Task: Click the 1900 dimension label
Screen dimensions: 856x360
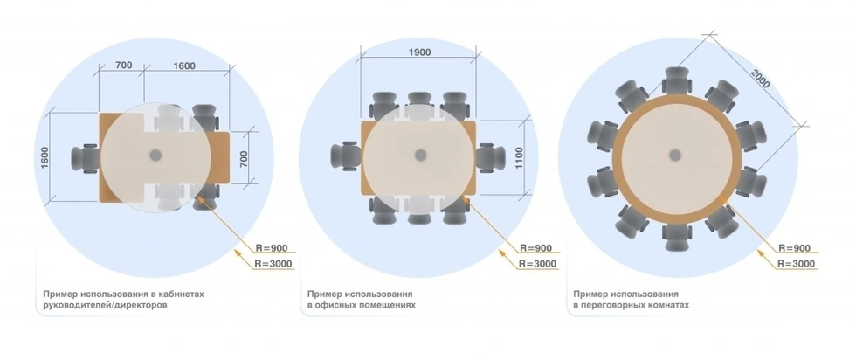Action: [x=419, y=52]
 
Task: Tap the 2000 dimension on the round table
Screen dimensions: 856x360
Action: [x=759, y=79]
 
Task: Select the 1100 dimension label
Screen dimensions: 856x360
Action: [x=519, y=157]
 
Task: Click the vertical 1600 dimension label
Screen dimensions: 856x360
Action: [x=45, y=157]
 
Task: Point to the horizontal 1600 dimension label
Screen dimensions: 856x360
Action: [x=184, y=66]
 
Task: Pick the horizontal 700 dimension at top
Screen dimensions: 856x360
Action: [x=123, y=65]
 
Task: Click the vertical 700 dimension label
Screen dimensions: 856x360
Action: [x=244, y=158]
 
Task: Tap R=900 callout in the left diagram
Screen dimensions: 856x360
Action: [x=272, y=248]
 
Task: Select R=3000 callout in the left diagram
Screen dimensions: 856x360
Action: [x=273, y=264]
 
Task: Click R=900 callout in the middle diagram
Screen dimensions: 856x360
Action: [x=535, y=248]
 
